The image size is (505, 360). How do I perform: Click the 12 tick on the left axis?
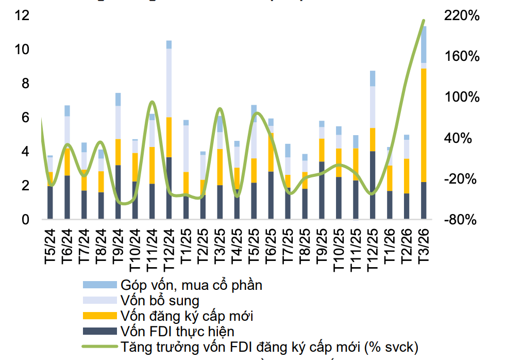[x=22, y=16]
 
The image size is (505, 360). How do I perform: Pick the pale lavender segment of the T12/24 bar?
[x=169, y=83]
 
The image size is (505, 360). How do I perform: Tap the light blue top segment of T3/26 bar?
[x=424, y=44]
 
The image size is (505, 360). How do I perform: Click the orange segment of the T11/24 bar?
[x=152, y=165]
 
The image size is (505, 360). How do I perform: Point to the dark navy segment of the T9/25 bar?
[x=322, y=191]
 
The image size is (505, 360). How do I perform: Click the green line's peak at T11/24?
[x=151, y=102]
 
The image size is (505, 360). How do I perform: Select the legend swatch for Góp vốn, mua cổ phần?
[x=99, y=285]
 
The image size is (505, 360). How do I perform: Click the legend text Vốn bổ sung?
[x=159, y=300]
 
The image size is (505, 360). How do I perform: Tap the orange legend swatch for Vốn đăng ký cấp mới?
[x=99, y=315]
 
